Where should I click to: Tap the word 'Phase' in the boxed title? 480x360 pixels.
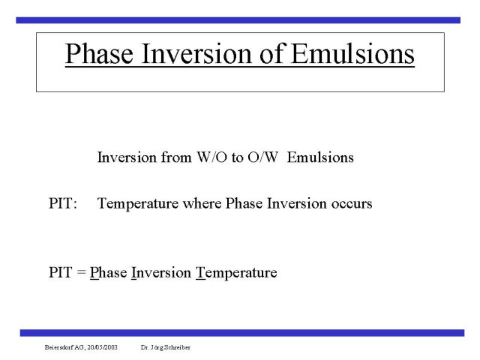click(99, 53)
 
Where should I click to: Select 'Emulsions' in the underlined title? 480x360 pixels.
click(352, 53)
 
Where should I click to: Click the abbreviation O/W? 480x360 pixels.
click(263, 157)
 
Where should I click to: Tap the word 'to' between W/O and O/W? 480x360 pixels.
click(238, 158)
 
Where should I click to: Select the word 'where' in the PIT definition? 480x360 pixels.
click(202, 203)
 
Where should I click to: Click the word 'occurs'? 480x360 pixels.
click(352, 204)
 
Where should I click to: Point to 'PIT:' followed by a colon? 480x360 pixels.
click(63, 203)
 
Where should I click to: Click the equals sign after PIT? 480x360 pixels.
click(82, 272)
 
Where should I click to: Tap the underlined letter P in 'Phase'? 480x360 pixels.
click(94, 272)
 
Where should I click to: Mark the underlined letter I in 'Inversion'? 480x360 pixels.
click(133, 272)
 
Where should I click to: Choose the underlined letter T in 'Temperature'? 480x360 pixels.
click(200, 272)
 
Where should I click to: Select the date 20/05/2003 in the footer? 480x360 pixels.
click(102, 347)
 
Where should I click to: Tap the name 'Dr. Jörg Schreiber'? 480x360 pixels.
click(166, 347)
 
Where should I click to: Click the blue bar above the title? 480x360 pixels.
click(238, 20)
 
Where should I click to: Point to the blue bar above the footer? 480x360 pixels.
click(242, 333)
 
